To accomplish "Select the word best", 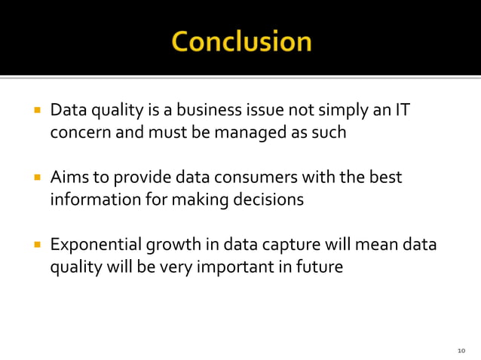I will coord(385,178).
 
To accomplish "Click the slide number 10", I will coord(461,350).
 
